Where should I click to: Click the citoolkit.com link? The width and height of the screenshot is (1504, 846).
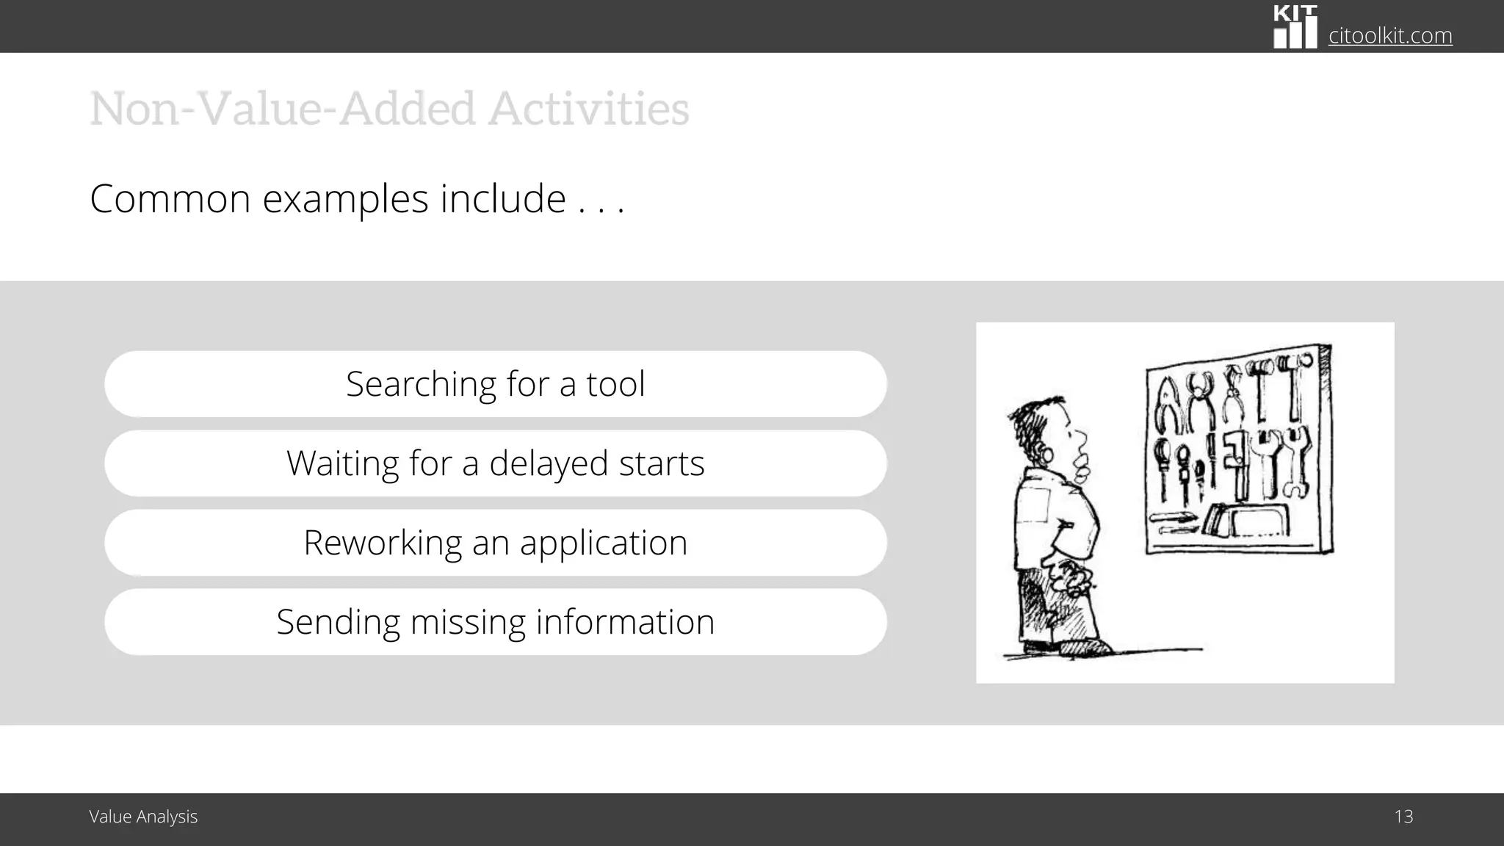[1390, 35]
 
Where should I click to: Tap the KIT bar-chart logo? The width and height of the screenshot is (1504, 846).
[1295, 27]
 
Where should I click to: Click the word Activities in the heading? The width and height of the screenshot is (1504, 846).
[589, 109]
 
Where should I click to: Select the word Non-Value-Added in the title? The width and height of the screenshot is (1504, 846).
[283, 109]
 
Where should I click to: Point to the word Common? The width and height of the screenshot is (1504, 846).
[170, 199]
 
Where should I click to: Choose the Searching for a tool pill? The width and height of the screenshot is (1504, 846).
[496, 384]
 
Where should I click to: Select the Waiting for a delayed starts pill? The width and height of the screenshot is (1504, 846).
[496, 463]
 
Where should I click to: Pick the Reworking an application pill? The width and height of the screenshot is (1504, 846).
[496, 543]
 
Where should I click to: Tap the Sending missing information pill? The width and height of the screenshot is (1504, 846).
[496, 622]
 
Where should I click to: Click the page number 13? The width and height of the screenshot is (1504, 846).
[1403, 817]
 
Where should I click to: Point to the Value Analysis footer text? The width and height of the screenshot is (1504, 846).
[143, 817]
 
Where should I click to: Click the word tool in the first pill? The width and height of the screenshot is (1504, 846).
[615, 384]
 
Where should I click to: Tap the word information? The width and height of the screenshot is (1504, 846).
[625, 622]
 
